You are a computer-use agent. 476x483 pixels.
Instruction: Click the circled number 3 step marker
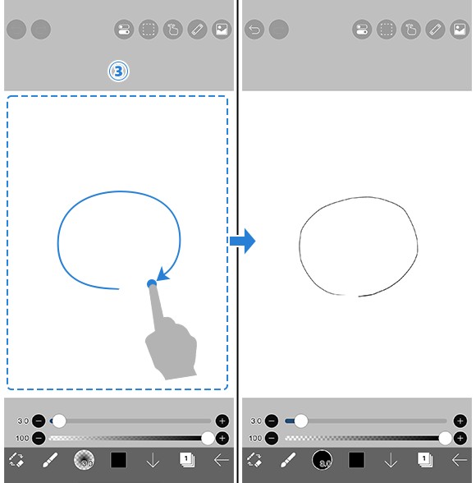pyautogui.click(x=118, y=71)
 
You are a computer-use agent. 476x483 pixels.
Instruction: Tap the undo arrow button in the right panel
pyautogui.click(x=254, y=30)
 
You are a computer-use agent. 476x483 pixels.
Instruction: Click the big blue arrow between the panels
pyautogui.click(x=243, y=241)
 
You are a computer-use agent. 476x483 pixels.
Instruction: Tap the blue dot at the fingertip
pyautogui.click(x=152, y=283)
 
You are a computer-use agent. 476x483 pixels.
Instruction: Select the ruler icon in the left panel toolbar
pyautogui.click(x=197, y=30)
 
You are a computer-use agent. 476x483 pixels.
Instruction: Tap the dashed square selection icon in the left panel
pyautogui.click(x=149, y=30)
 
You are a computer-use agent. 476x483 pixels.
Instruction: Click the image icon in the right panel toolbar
pyautogui.click(x=460, y=30)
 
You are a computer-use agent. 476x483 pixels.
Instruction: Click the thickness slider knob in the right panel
pyautogui.click(x=301, y=421)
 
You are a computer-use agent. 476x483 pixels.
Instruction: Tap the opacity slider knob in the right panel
pyautogui.click(x=445, y=438)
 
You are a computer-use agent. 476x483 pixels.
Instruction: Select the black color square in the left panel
pyautogui.click(x=118, y=460)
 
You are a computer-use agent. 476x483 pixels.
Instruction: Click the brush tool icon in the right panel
pyautogui.click(x=288, y=460)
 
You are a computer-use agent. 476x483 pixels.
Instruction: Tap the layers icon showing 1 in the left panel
pyautogui.click(x=187, y=460)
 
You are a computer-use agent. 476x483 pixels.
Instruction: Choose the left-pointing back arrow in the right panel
pyautogui.click(x=460, y=460)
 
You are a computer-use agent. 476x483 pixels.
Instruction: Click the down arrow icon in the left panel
pyautogui.click(x=153, y=460)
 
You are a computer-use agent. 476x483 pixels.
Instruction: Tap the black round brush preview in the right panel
pyautogui.click(x=323, y=460)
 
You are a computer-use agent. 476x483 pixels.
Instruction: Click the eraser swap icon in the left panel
pyautogui.click(x=16, y=460)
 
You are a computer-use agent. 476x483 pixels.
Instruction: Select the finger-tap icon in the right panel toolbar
pyautogui.click(x=411, y=30)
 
